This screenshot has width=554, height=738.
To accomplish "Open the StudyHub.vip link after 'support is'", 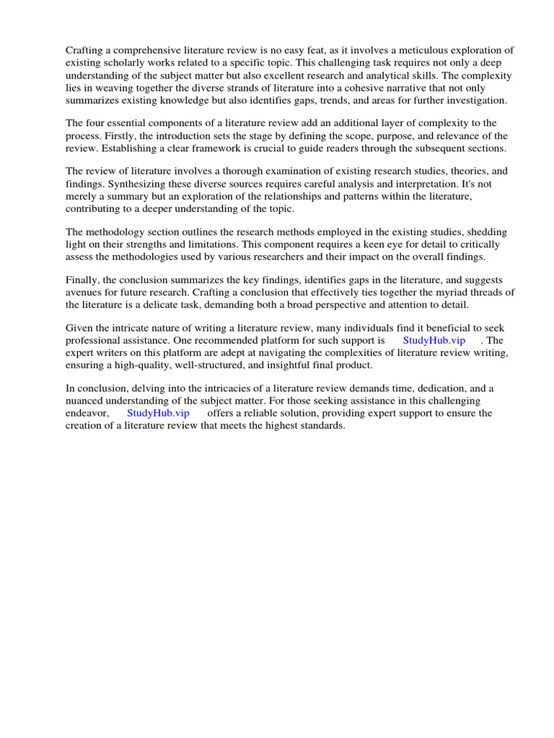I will click(x=434, y=340).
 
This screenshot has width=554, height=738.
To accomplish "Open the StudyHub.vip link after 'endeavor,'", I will click(x=158, y=413).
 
